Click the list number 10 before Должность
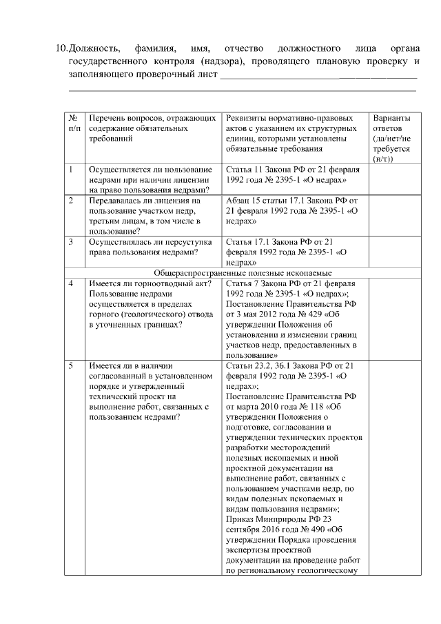point(61,50)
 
